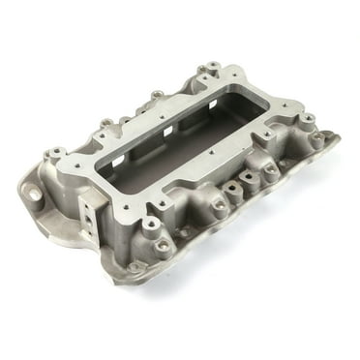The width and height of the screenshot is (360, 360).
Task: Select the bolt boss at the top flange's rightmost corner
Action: [x=307, y=120]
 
